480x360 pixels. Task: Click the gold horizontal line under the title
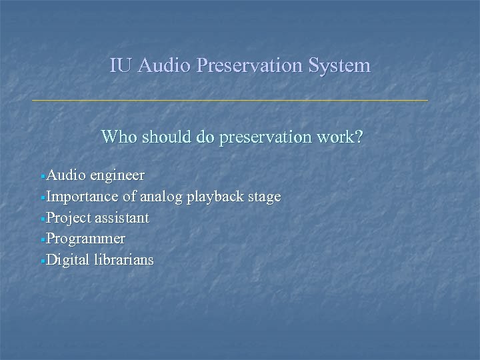point(230,101)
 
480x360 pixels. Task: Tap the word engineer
point(117,175)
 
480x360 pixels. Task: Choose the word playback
point(218,197)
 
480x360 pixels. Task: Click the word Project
point(69,218)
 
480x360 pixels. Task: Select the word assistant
point(122,218)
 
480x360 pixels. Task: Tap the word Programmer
point(86,239)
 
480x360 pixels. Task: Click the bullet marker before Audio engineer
point(43,177)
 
